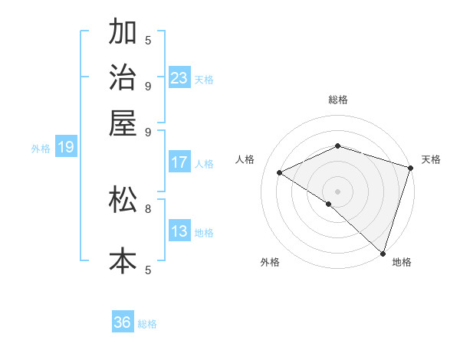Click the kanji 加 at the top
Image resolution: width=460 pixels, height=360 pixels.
pyautogui.click(x=123, y=33)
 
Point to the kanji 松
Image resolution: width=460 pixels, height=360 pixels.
pyautogui.click(x=123, y=198)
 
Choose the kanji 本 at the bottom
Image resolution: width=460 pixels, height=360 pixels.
pyautogui.click(x=123, y=260)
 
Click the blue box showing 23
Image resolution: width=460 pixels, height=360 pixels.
pyautogui.click(x=179, y=78)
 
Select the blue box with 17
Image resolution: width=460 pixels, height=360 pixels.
pyautogui.click(x=179, y=162)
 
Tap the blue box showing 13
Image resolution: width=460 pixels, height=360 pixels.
pyautogui.click(x=179, y=231)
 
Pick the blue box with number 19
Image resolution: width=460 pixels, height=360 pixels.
pyautogui.click(x=65, y=148)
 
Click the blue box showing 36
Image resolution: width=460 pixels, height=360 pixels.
pyautogui.click(x=123, y=323)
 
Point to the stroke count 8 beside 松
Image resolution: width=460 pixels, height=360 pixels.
pyautogui.click(x=148, y=208)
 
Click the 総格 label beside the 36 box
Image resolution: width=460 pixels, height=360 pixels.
pyautogui.click(x=147, y=324)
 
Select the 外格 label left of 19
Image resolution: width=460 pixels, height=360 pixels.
pyautogui.click(x=41, y=149)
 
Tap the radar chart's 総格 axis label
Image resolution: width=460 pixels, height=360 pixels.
pyautogui.click(x=337, y=100)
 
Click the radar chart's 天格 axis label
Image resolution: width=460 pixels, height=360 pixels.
pyautogui.click(x=431, y=159)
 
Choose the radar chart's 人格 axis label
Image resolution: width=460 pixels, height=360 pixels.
pyautogui.click(x=245, y=159)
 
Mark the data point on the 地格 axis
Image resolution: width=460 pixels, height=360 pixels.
pyautogui.click(x=383, y=253)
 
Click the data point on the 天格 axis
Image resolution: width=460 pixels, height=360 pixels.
pyautogui.click(x=410, y=167)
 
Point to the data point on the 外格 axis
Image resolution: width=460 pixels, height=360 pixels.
pyautogui.click(x=329, y=204)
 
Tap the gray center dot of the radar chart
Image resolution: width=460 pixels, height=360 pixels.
pyautogui.click(x=337, y=191)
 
